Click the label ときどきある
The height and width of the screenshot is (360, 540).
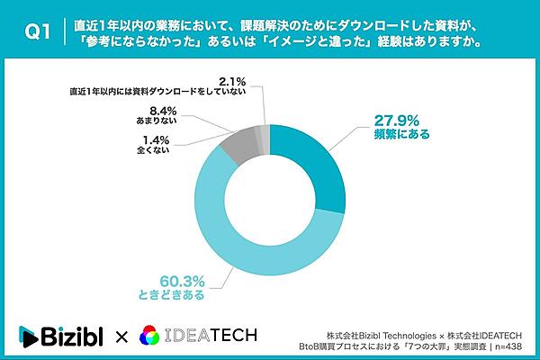tap(181, 294)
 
